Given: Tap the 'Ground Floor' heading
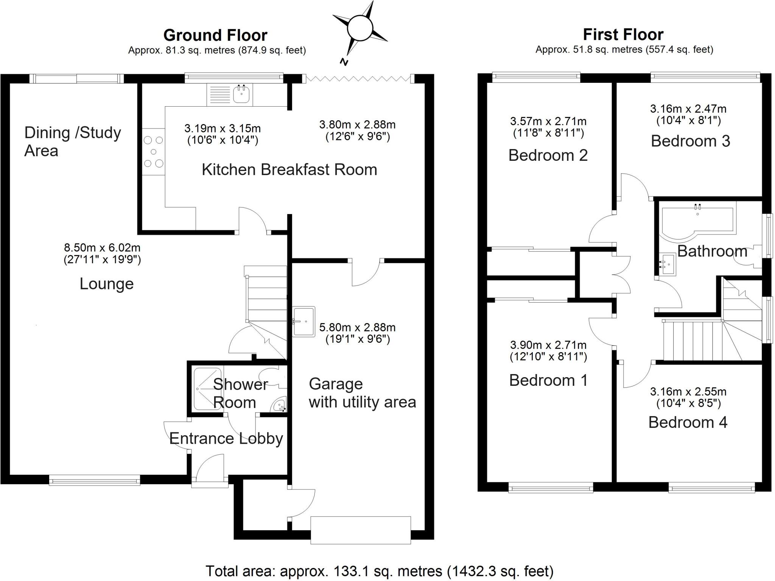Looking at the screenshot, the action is tap(215, 35).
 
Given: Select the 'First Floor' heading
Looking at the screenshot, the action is tap(623, 34).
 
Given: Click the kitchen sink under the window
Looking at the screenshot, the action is tap(241, 94).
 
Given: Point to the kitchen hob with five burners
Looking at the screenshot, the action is tap(154, 152).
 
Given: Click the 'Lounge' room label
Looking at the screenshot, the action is tap(106, 284).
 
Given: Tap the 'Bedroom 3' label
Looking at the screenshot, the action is tap(690, 141).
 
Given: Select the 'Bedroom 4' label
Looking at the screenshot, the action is tap(688, 422).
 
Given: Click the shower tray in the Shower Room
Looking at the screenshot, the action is tap(208, 389).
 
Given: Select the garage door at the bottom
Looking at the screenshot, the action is tap(360, 530).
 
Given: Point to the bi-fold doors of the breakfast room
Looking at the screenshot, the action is tap(358, 78).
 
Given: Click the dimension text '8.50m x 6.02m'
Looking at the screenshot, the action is tap(102, 248).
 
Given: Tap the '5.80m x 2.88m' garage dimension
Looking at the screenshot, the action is tap(357, 327).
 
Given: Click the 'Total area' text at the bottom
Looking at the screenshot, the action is tap(379, 571).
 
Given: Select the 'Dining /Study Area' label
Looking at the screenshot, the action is tap(72, 141).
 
